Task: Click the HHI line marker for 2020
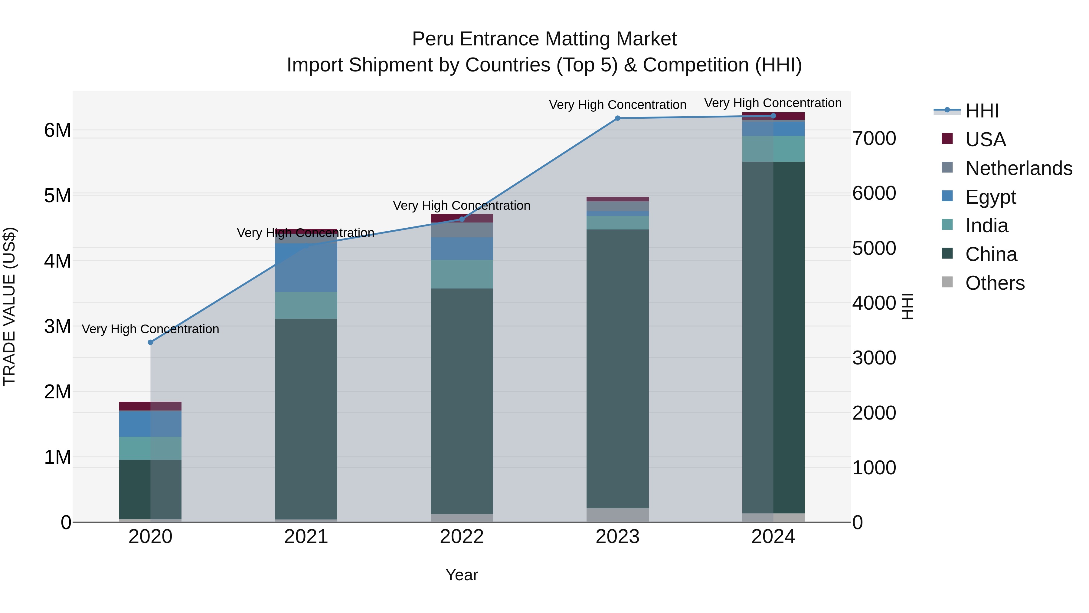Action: [x=151, y=342]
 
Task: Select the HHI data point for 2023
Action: [x=618, y=118]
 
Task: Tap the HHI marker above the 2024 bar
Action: [x=773, y=116]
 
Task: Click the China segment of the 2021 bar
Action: [x=306, y=419]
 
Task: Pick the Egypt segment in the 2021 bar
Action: [x=306, y=267]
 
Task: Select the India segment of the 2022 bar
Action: [x=462, y=274]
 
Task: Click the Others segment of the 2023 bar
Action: [x=618, y=515]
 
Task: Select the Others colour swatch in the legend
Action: [x=947, y=282]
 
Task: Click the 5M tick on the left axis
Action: [x=57, y=196]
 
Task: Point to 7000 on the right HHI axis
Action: [x=874, y=139]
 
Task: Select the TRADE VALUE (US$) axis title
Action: [x=9, y=306]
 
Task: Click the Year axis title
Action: [x=462, y=575]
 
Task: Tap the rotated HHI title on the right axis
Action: [x=907, y=306]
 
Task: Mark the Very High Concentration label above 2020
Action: [x=151, y=329]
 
